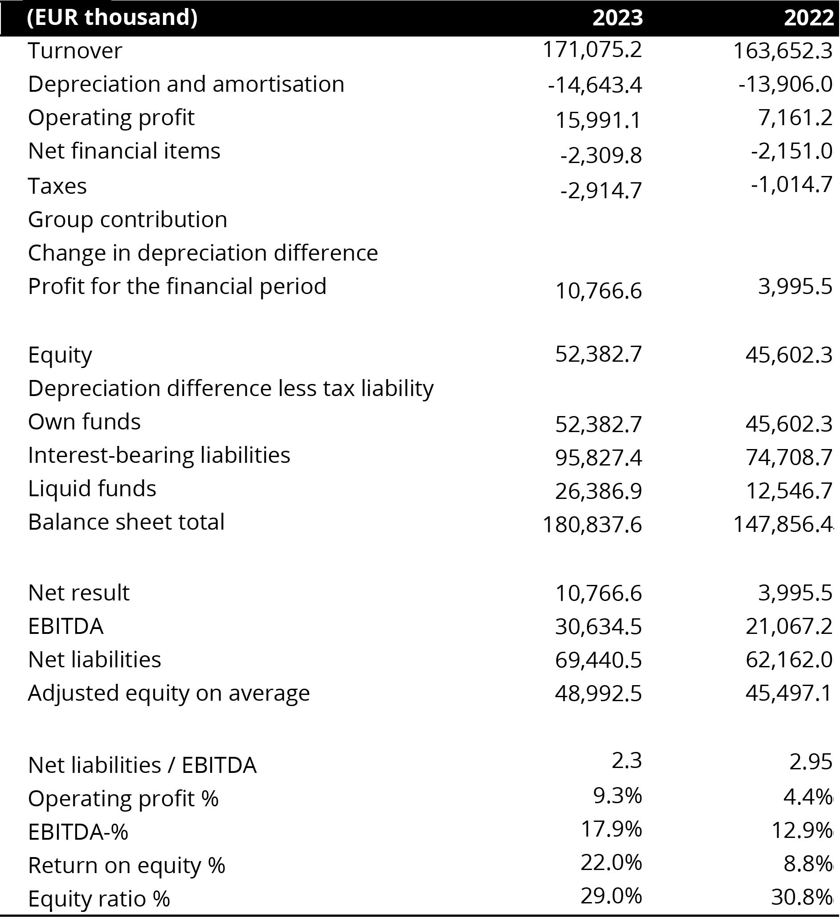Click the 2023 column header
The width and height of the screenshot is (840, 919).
[617, 18]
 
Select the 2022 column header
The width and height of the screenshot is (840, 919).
[808, 18]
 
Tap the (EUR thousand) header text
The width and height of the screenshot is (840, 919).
[112, 18]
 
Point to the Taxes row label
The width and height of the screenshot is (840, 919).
[57, 186]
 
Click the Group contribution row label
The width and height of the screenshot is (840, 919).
[128, 219]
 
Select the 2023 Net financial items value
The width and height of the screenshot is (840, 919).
[601, 155]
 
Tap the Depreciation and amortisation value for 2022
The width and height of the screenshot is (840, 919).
[785, 84]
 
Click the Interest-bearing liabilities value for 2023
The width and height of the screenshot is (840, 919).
[599, 457]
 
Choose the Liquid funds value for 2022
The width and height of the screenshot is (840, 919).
[789, 491]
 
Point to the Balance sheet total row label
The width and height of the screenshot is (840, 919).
[126, 522]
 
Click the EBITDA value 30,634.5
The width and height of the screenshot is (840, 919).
[599, 626]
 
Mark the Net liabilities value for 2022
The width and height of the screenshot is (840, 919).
[789, 660]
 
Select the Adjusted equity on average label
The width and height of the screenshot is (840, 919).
[169, 693]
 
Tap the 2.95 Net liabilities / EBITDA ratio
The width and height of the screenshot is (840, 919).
[810, 761]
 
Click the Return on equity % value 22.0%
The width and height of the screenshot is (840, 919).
[611, 862]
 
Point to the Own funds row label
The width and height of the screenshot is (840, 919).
[84, 422]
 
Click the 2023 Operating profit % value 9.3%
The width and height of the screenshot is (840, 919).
[617, 796]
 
